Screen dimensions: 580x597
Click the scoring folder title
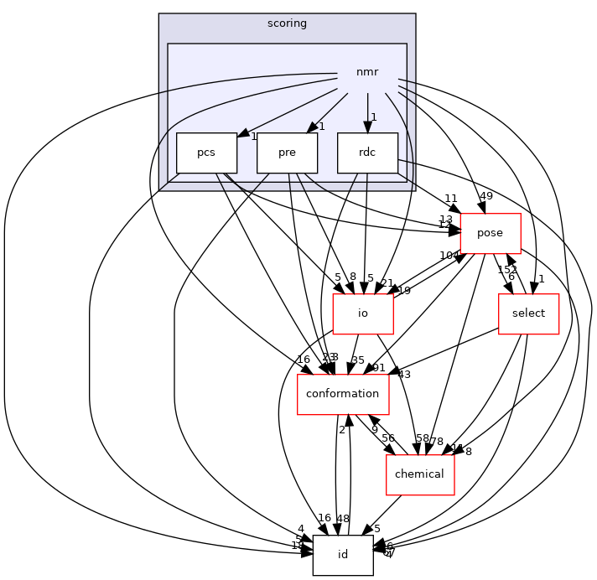pyautogui.click(x=287, y=23)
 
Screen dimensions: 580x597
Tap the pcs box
pyautogui.click(x=206, y=153)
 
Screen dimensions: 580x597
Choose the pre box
pyautogui.click(x=287, y=153)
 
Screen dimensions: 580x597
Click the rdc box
pyautogui.click(x=367, y=153)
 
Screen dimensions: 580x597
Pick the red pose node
pyautogui.click(x=491, y=234)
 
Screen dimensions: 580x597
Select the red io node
pyautogui.click(x=363, y=314)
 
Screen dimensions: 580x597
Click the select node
pyautogui.click(x=528, y=313)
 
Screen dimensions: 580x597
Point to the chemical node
pyautogui.click(x=419, y=474)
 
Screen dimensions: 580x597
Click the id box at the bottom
pyautogui.click(x=342, y=555)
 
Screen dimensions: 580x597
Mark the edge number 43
pyautogui.click(x=404, y=374)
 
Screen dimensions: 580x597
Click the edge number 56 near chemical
pyautogui.click(x=388, y=438)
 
